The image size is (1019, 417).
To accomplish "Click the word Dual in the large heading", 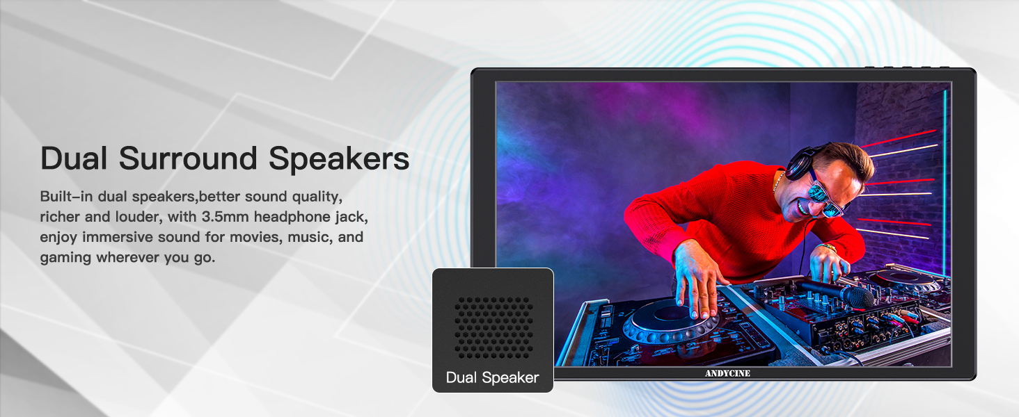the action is click(x=74, y=158).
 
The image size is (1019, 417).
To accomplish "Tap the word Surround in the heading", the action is click(x=188, y=158).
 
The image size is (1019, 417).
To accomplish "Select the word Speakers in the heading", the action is click(x=339, y=159).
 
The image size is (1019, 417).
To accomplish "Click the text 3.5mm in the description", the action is click(x=226, y=217).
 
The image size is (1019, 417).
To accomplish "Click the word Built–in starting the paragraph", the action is click(x=66, y=196).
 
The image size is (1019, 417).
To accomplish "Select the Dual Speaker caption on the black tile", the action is click(x=492, y=377).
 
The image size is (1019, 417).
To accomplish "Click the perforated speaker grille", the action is click(x=493, y=327).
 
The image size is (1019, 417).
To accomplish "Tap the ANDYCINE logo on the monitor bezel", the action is click(x=727, y=373).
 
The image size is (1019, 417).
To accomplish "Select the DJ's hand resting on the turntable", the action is click(x=696, y=281).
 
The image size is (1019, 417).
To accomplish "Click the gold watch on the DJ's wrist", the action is click(x=828, y=247).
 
